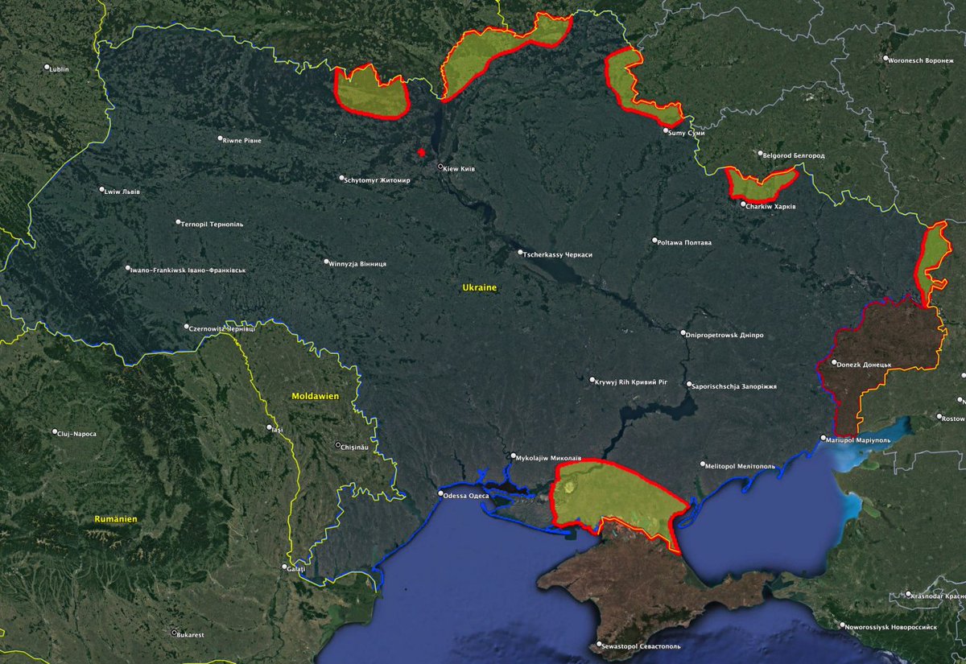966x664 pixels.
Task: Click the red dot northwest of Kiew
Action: [x=421, y=152]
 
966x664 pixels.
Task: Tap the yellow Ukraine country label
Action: [x=479, y=287]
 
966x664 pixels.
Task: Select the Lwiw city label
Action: [x=122, y=191]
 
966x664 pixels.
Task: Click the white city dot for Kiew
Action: [x=440, y=167]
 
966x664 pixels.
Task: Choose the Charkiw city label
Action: [x=771, y=206]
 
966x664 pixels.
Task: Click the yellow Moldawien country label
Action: [x=316, y=397]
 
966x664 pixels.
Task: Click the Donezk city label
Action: [x=864, y=365]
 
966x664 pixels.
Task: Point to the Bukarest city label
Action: [x=190, y=634]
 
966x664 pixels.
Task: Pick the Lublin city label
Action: [x=59, y=69]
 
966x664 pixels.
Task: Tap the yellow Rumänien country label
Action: [x=115, y=519]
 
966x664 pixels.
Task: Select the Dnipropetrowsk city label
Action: [x=725, y=334]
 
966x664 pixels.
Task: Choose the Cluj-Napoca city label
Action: [x=76, y=434]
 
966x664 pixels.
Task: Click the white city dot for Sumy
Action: [x=666, y=131]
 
